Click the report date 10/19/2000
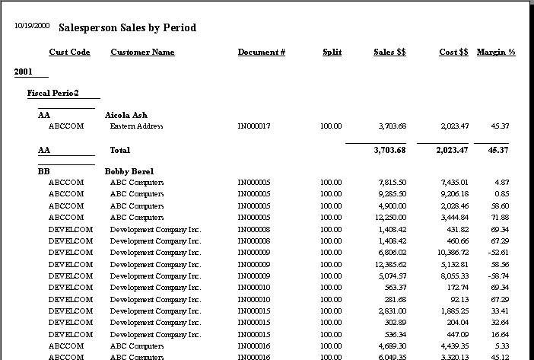click(x=32, y=26)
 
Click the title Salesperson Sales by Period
click(x=127, y=27)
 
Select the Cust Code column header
click(x=69, y=53)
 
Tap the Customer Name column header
click(x=142, y=53)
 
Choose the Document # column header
click(x=261, y=53)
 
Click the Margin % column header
click(x=496, y=53)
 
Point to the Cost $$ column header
click(x=453, y=53)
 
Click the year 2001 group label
click(x=24, y=72)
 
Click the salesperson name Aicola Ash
click(x=126, y=115)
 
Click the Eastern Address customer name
click(x=136, y=126)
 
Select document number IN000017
click(x=254, y=126)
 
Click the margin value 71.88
click(x=500, y=218)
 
